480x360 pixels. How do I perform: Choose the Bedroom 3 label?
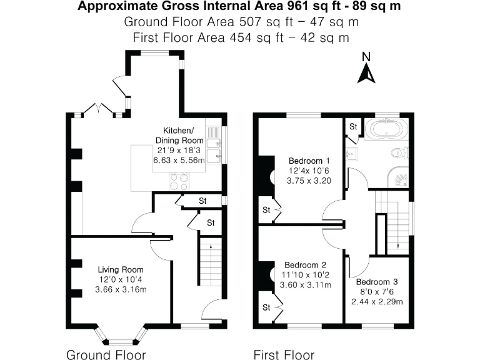382,281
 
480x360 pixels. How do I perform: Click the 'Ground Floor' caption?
106,354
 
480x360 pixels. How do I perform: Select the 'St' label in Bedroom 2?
266,307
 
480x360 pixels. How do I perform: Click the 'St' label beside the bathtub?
352,127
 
